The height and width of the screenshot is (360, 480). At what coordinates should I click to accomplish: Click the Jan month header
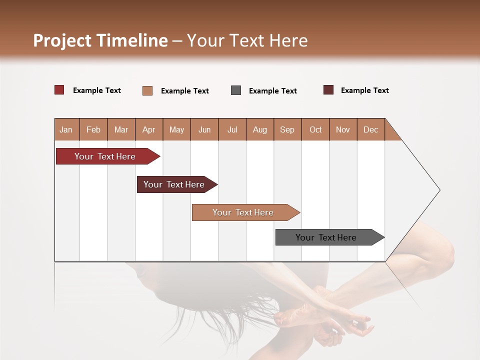click(66, 129)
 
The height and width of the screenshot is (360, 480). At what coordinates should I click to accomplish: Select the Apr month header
click(149, 129)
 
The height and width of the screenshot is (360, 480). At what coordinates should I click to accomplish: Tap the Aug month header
click(260, 129)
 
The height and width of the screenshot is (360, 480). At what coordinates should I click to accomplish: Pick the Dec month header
click(370, 129)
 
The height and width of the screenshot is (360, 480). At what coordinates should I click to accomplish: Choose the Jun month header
click(204, 129)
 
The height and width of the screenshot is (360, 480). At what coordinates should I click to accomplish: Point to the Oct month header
click(315, 129)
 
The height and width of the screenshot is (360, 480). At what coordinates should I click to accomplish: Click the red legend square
click(59, 90)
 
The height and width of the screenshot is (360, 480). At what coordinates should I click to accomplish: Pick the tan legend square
click(147, 90)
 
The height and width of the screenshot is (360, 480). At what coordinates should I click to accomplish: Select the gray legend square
click(236, 90)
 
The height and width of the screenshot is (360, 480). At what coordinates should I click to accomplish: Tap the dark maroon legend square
click(328, 90)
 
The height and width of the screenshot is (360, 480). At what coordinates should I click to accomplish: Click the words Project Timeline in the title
click(100, 40)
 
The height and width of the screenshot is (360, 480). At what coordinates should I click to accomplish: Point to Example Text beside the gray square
click(273, 91)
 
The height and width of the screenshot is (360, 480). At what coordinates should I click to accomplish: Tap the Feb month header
click(93, 129)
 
